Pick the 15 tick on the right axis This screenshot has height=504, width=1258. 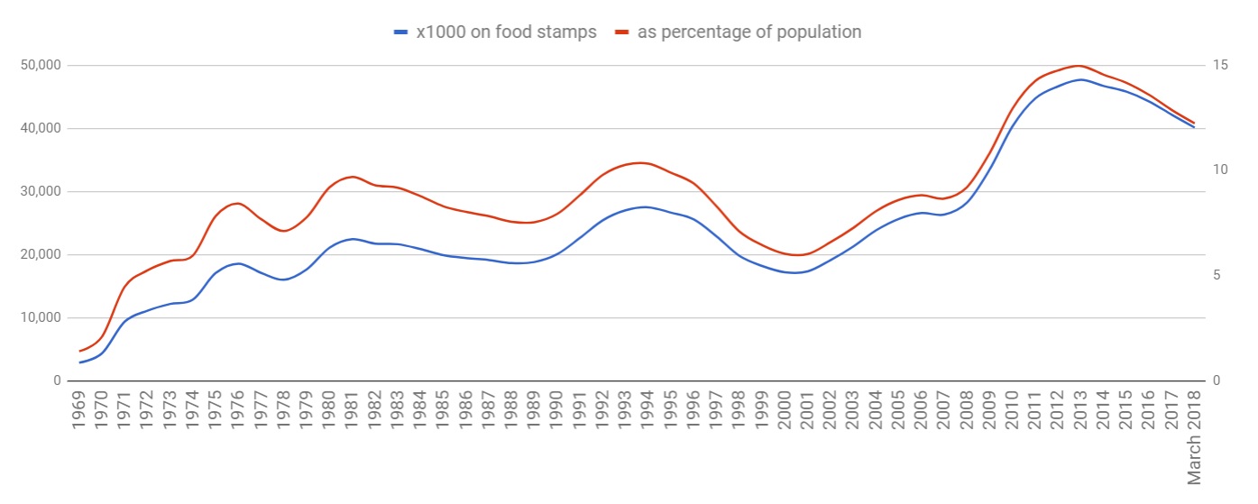(1221, 65)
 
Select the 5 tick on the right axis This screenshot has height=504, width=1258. (1217, 275)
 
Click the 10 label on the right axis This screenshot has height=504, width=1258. (1221, 170)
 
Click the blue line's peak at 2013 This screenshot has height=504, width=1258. (1079, 79)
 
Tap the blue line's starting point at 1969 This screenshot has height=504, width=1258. (79, 362)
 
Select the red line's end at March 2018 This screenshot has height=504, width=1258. (1194, 123)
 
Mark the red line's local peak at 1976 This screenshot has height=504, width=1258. (237, 203)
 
